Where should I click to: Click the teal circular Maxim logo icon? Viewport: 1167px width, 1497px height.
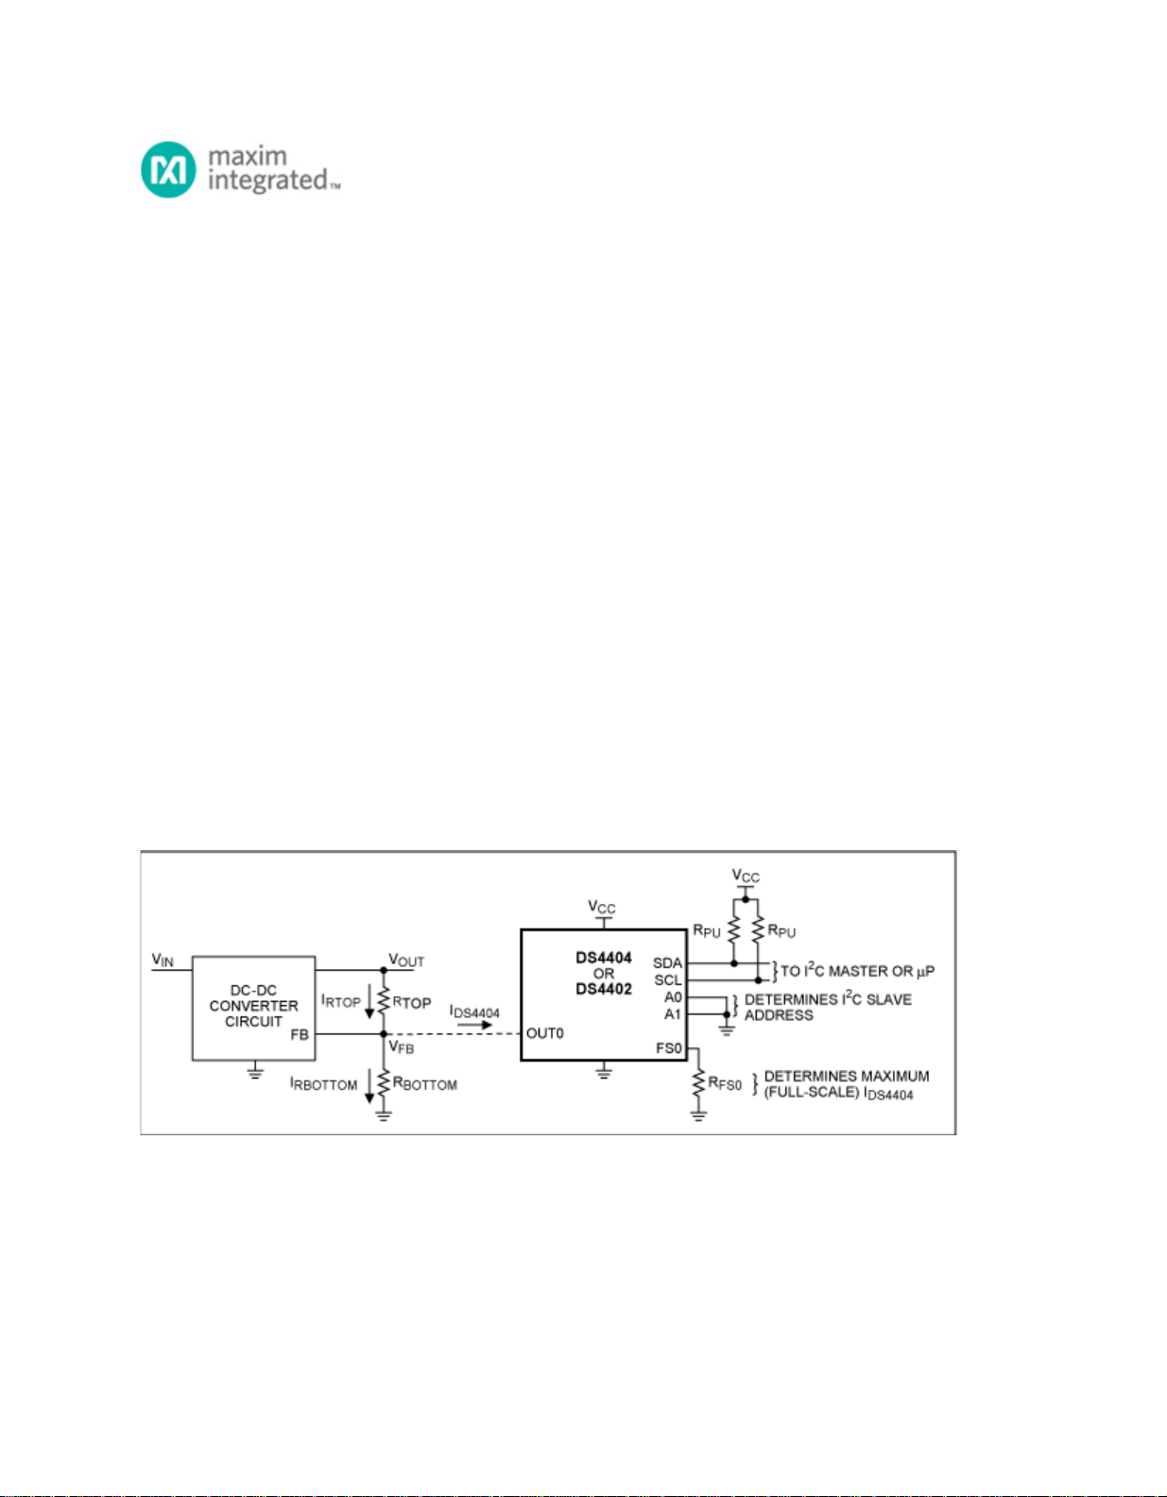168,169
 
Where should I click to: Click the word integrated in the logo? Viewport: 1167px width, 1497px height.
267,181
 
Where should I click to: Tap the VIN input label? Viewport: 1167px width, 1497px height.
163,960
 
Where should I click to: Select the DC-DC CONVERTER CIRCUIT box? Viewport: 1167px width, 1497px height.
253,1008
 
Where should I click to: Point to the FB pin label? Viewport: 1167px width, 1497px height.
300,1035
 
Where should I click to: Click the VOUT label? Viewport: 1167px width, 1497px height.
406,960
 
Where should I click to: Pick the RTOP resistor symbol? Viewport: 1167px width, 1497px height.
384,1002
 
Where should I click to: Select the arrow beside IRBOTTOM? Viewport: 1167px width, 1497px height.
369,1086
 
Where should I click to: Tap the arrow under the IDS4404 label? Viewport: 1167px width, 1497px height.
474,1025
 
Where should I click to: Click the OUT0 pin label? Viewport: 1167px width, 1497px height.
545,1033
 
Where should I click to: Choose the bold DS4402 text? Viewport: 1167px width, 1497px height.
604,989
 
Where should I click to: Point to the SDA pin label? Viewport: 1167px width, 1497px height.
667,963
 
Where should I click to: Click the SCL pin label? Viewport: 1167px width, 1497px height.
667,980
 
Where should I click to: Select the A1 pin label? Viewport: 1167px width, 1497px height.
673,1014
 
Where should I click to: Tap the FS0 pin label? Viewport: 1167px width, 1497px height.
669,1048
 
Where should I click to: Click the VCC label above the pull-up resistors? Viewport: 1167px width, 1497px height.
746,876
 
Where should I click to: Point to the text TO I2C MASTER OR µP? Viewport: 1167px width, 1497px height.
857,971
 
